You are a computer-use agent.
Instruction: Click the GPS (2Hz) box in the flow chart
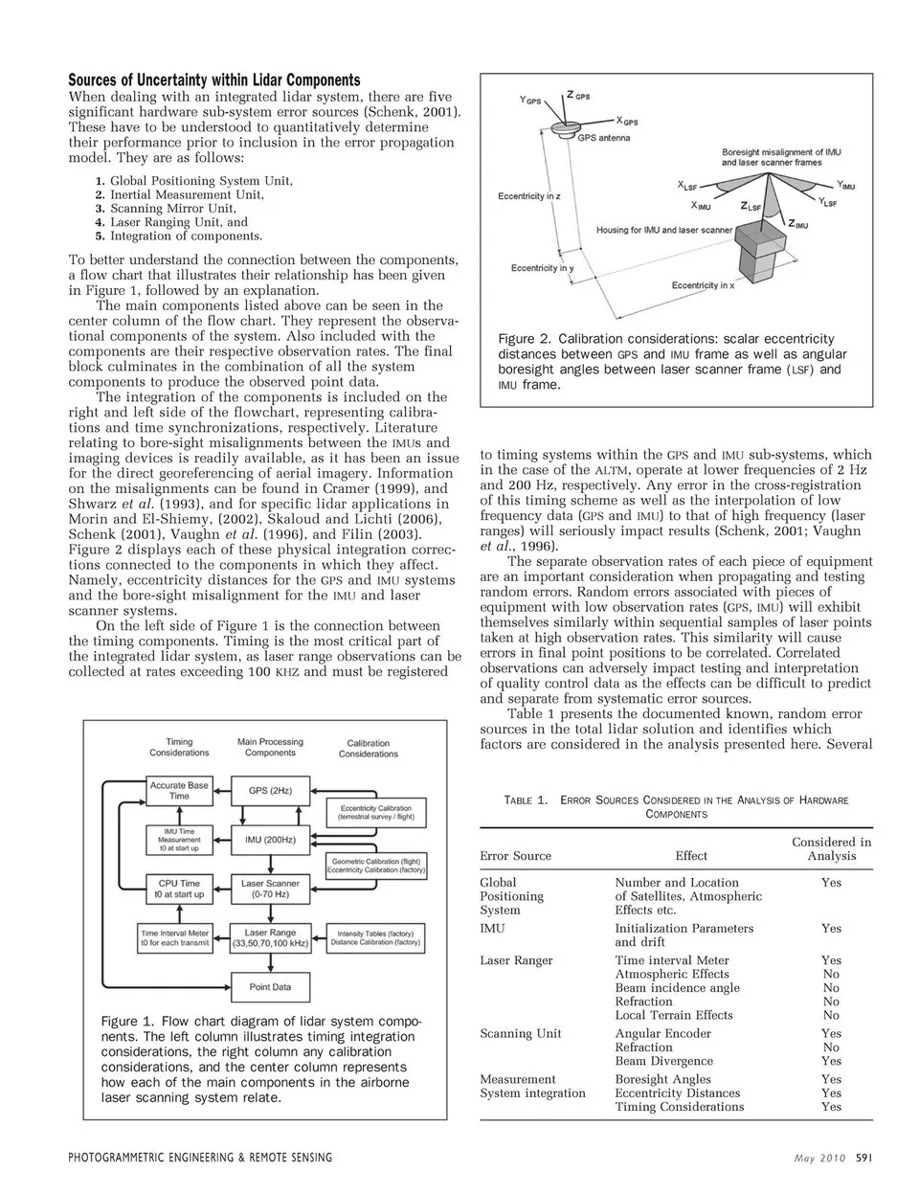(271, 791)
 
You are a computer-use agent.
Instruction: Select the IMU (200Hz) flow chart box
(271, 840)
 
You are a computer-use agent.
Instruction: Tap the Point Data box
(270, 986)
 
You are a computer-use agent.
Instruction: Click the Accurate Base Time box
(179, 790)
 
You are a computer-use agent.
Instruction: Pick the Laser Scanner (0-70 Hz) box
(270, 889)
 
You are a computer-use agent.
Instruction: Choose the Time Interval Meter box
(175, 937)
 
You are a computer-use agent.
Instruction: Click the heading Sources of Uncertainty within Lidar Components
(213, 80)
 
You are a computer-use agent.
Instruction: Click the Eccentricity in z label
(529, 196)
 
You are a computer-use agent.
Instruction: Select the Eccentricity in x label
(703, 285)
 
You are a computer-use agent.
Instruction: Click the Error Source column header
(515, 856)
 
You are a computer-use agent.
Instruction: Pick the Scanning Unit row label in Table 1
(521, 1033)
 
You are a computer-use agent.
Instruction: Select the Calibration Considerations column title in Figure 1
(369, 748)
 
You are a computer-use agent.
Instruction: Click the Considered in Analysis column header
(831, 849)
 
